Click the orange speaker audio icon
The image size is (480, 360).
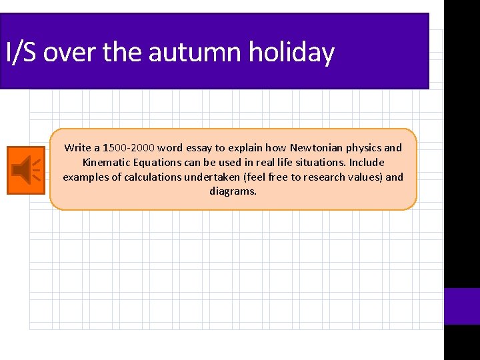26,170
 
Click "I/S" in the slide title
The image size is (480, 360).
21,52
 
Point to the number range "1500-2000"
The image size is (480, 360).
129,148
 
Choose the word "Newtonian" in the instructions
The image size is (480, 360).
316,148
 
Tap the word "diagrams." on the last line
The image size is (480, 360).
233,191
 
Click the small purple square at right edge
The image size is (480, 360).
462,306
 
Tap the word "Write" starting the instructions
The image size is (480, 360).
77,148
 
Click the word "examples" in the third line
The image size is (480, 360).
83,177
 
